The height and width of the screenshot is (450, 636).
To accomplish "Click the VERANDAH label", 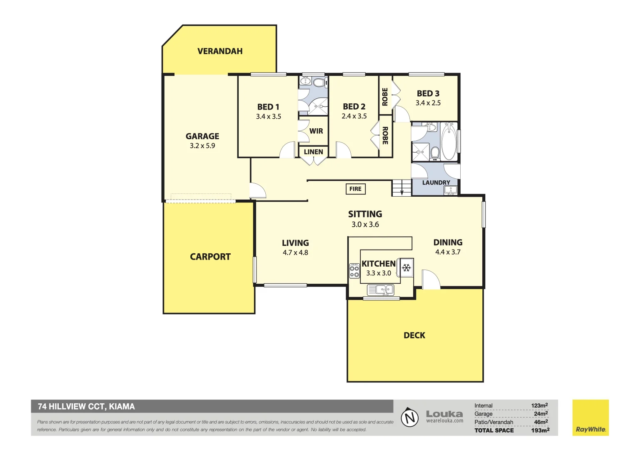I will (x=219, y=51).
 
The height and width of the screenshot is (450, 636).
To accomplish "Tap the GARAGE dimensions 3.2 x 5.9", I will (x=202, y=146).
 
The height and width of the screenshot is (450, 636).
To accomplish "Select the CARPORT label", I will (x=210, y=257).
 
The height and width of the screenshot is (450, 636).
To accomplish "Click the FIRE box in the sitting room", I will (x=355, y=189).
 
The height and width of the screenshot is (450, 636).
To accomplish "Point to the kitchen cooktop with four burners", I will (x=354, y=271).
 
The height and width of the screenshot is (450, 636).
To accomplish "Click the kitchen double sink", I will (x=381, y=289).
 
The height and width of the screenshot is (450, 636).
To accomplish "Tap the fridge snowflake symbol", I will (x=406, y=267).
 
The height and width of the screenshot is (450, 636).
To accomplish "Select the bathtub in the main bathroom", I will (x=449, y=142).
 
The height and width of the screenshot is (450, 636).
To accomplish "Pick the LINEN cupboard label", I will (x=313, y=152).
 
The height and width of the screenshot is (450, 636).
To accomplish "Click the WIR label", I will (x=316, y=131).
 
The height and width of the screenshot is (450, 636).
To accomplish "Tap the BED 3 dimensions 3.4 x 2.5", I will (x=428, y=103).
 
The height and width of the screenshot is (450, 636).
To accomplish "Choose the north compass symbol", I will (x=409, y=417).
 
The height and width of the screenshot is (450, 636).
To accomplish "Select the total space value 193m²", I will (x=540, y=430).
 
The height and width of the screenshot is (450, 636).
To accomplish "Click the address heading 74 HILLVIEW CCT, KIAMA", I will (x=86, y=407).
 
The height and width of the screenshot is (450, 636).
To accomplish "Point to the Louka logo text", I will (x=444, y=414).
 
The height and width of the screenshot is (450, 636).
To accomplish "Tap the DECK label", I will (x=414, y=335).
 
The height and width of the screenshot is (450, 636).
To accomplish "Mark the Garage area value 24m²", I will (x=541, y=414).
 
